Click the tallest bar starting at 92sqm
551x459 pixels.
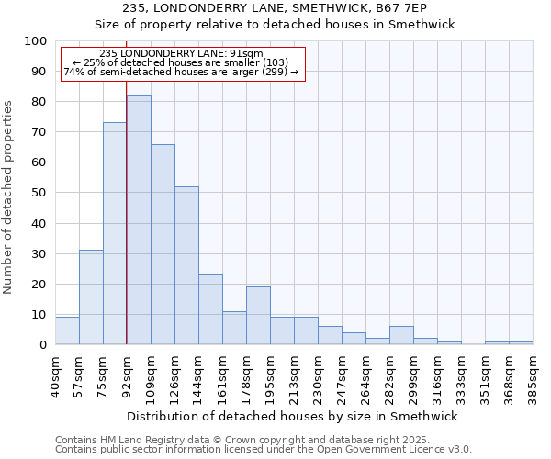click(x=139, y=220)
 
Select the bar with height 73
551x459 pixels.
click(x=115, y=234)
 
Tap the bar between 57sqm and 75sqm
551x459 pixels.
click(x=91, y=297)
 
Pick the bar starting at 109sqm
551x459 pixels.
click(x=163, y=244)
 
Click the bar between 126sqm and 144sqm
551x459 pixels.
click(x=186, y=265)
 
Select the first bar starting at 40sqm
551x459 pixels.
click(x=67, y=330)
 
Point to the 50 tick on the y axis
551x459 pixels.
click(x=39, y=193)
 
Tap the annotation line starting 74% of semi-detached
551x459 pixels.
click(x=181, y=72)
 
